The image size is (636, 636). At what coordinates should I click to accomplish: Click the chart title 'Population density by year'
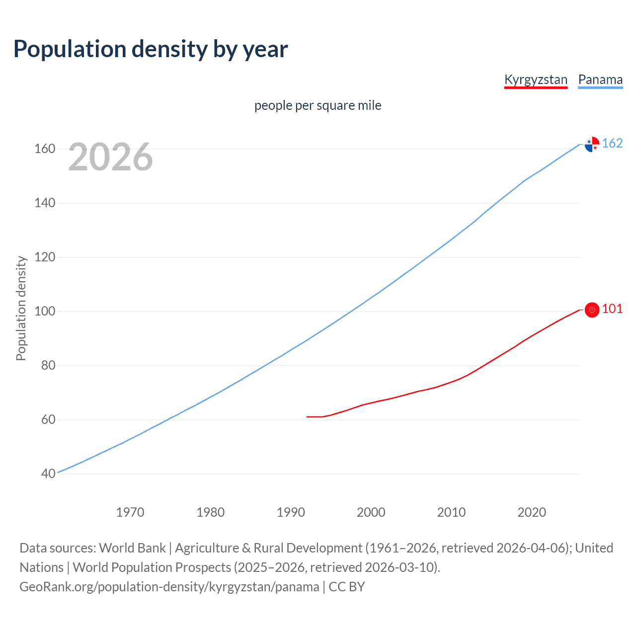(151, 49)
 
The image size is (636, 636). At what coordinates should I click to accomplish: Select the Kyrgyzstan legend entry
(536, 80)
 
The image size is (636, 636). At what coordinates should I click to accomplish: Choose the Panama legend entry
(600, 80)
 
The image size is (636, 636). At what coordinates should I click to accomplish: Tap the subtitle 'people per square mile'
(318, 106)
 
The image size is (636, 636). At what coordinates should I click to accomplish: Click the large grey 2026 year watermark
(110, 157)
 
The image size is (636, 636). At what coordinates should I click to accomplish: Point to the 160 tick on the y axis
(45, 149)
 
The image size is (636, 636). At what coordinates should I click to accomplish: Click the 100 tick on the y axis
(45, 312)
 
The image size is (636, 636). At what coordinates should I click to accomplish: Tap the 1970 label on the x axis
(130, 512)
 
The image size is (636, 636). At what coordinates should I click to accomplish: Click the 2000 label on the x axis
(371, 512)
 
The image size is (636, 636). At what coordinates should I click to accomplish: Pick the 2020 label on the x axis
(532, 512)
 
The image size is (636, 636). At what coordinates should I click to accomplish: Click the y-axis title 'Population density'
(21, 308)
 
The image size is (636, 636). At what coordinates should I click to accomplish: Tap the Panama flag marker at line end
(592, 144)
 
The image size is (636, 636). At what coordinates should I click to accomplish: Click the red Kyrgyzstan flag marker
(592, 310)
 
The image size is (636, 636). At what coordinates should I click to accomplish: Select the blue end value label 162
(612, 144)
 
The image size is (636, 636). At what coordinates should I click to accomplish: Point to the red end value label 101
(612, 309)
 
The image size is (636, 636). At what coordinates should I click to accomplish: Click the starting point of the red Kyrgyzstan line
(307, 416)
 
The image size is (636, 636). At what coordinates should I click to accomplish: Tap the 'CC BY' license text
(347, 587)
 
